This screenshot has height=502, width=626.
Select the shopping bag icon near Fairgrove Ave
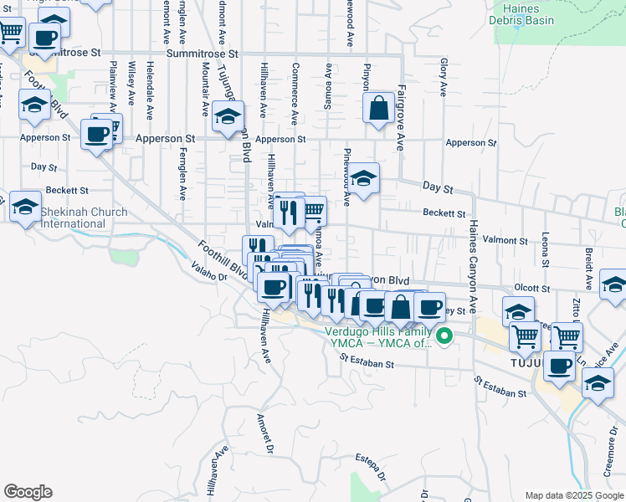tap(378, 108)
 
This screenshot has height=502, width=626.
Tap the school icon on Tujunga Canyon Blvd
tap(227, 117)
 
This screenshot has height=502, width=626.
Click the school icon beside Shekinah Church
tap(25, 206)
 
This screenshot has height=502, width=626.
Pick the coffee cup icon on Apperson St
tap(96, 134)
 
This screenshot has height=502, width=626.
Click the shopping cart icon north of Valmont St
tap(312, 210)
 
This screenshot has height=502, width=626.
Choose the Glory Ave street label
tap(443, 74)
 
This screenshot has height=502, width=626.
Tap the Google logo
tap(28, 491)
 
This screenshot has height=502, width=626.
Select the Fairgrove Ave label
tap(402, 117)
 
